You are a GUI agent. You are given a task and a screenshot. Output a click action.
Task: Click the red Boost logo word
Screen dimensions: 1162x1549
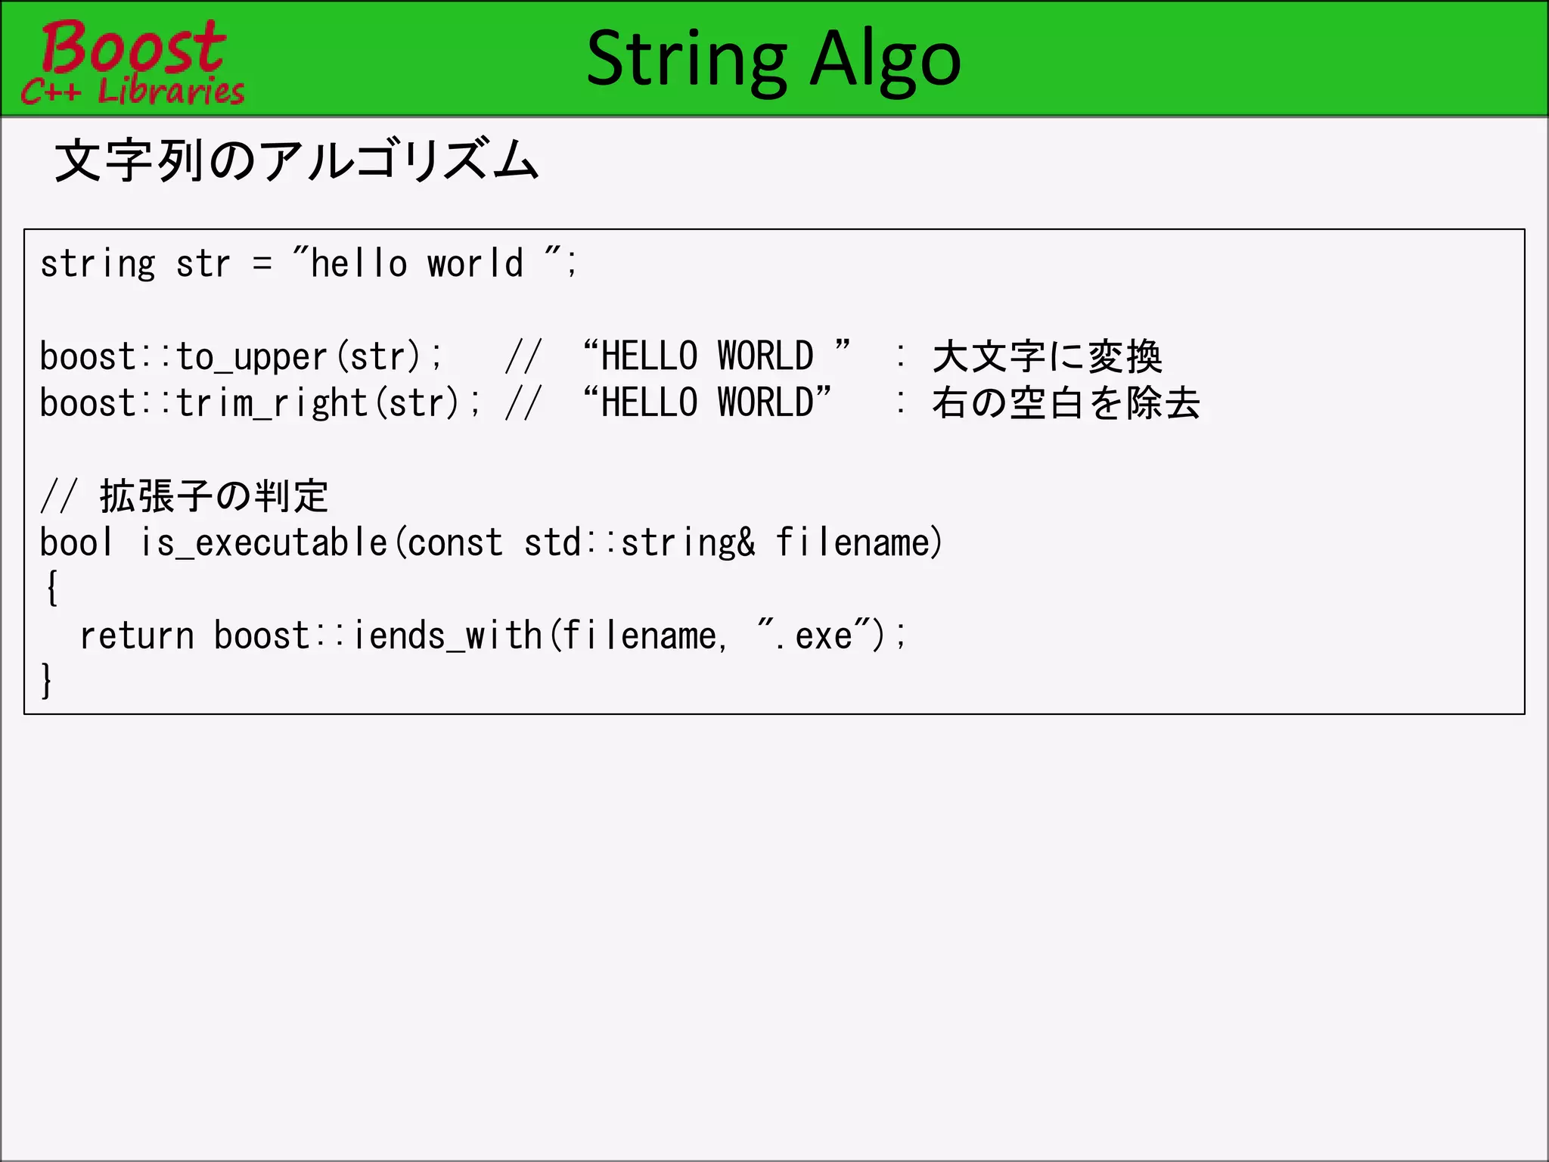pyautogui.click(x=133, y=47)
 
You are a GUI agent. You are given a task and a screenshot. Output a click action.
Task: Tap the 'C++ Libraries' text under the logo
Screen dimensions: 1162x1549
pyautogui.click(x=133, y=92)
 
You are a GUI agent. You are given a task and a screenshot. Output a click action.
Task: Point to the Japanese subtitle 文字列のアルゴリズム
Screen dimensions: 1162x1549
pyautogui.click(x=296, y=160)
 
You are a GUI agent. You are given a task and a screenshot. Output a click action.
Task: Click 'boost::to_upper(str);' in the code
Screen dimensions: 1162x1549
pyautogui.click(x=241, y=356)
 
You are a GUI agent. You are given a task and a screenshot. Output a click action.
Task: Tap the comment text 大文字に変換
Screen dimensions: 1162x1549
pyautogui.click(x=1047, y=356)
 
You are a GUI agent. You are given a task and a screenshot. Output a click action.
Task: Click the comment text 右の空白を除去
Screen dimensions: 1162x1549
pyautogui.click(x=1065, y=402)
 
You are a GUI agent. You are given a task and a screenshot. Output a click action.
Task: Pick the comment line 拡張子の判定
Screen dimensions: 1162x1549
pyautogui.click(x=214, y=496)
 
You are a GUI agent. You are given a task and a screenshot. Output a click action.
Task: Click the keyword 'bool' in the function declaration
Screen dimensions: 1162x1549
pyautogui.click(x=76, y=542)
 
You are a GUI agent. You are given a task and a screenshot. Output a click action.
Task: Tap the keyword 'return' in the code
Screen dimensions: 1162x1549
pyautogui.click(x=137, y=635)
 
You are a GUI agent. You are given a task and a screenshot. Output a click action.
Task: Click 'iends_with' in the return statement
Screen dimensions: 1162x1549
pyautogui.click(x=448, y=635)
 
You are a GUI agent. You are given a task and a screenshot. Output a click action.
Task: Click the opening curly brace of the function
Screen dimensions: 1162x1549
pyautogui.click(x=51, y=589)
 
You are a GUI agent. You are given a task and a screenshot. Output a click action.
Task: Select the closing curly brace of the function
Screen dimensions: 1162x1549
pyautogui.click(x=47, y=680)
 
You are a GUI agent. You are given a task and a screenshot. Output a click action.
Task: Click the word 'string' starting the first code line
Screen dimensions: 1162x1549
pyautogui.click(x=98, y=264)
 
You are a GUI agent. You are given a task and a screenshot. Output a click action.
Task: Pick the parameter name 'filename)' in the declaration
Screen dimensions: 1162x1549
pyautogui.click(x=859, y=542)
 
